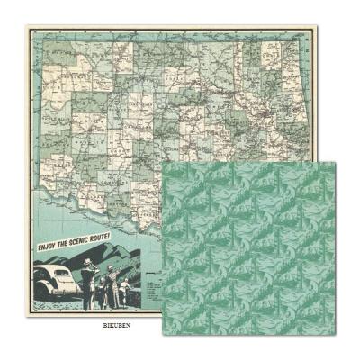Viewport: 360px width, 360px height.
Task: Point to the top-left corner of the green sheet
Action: [x=164, y=164]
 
